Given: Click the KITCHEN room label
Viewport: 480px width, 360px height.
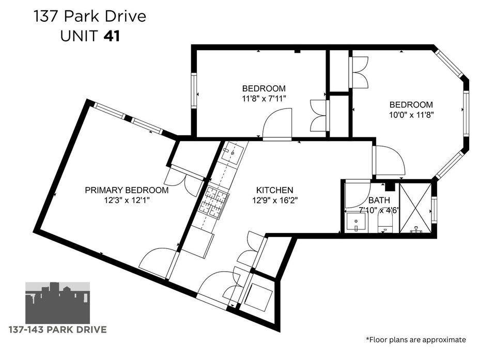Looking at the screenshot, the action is (274, 190).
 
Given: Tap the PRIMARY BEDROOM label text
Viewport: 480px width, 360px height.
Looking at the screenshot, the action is (127, 190).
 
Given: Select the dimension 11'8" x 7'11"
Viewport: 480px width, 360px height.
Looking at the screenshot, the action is (264, 99).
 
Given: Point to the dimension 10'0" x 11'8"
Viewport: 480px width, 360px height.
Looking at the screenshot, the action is (411, 115).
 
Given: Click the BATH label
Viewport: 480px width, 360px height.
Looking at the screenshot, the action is (379, 200).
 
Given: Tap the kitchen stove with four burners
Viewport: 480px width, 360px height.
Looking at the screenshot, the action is (213, 200).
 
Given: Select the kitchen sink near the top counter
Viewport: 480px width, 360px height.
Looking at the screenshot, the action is (233, 152).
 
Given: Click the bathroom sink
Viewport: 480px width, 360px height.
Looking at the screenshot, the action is (355, 222).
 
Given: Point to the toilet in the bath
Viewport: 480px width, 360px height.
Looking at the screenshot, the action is (385, 224).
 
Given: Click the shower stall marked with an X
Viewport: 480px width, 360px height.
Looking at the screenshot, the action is (415, 208).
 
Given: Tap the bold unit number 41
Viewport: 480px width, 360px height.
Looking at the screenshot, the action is (112, 37).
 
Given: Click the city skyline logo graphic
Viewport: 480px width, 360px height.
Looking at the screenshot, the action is (57, 303).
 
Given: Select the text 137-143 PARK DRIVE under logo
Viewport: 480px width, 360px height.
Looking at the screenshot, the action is (58, 330).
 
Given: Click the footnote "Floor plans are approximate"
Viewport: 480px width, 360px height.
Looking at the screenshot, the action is (416, 339).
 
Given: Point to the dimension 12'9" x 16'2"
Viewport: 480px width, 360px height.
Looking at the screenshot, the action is (275, 200).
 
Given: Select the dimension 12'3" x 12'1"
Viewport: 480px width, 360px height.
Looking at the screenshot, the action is (127, 200).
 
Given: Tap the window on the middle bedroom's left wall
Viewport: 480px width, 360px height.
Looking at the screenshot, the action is (194, 90).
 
